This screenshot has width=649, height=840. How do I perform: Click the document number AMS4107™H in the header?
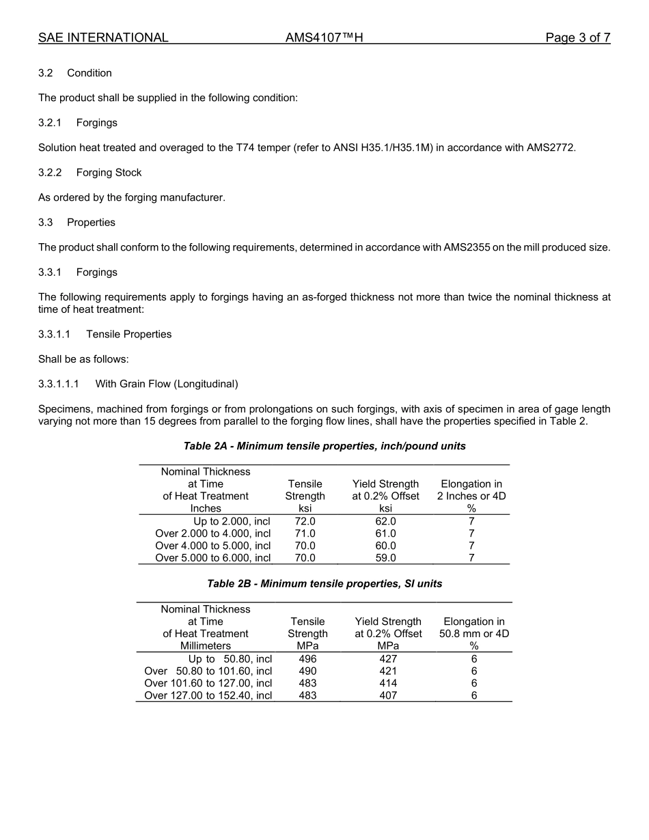[x=324, y=38]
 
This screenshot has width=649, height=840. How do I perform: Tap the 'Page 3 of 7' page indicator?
[x=577, y=38]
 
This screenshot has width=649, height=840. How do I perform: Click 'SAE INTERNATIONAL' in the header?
[x=103, y=38]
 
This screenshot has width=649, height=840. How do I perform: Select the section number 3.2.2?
[x=50, y=173]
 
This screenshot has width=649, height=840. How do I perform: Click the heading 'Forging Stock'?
[x=109, y=173]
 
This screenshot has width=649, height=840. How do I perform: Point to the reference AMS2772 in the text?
[x=551, y=148]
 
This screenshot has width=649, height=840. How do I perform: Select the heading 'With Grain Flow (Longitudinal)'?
[x=166, y=384]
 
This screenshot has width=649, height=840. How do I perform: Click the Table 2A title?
[x=324, y=446]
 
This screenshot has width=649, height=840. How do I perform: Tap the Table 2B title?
[x=324, y=584]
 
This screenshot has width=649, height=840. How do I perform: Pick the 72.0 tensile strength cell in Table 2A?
[x=305, y=521]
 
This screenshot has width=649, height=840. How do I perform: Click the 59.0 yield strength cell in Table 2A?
[x=385, y=558]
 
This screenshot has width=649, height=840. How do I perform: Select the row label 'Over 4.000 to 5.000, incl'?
[x=212, y=546]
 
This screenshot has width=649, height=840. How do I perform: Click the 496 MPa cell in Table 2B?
[x=307, y=659]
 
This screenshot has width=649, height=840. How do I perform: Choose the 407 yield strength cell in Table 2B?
[x=388, y=695]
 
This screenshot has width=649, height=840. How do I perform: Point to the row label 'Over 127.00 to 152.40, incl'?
[x=208, y=695]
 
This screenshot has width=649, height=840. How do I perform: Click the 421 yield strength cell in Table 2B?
[x=388, y=671]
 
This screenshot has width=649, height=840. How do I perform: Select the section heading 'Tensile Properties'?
[x=128, y=334]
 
